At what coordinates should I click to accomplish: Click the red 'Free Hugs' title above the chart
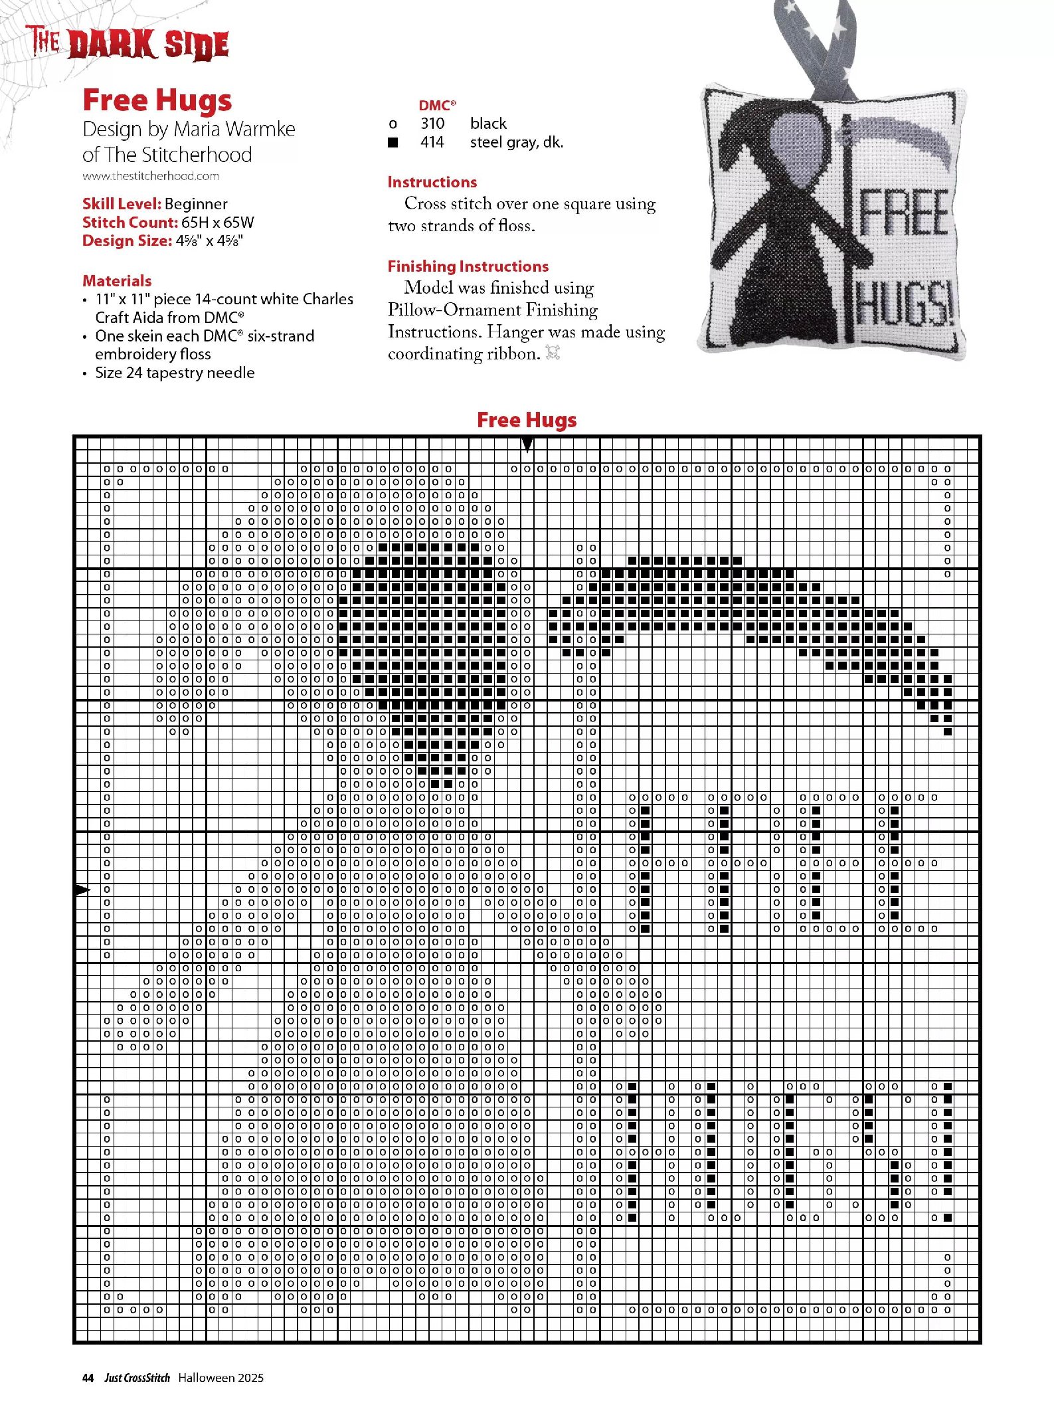tap(527, 420)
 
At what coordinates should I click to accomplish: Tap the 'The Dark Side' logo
tap(128, 44)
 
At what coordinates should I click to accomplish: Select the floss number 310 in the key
tap(432, 124)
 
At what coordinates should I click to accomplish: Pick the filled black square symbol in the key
tap(393, 142)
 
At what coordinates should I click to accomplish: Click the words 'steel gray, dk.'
tap(516, 142)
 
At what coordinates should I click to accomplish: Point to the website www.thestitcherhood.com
tap(151, 176)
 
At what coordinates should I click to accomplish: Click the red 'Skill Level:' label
tap(122, 204)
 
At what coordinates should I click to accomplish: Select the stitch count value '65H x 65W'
tap(217, 223)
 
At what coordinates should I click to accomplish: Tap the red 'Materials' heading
tap(117, 280)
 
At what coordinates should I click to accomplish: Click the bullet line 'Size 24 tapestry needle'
tap(175, 373)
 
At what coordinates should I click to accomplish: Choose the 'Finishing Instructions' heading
tap(468, 266)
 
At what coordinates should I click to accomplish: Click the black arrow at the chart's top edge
tap(527, 444)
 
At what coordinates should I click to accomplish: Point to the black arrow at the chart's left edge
tap(82, 890)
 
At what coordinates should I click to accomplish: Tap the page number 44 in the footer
tap(88, 1378)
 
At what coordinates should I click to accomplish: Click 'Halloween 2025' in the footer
tap(220, 1378)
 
